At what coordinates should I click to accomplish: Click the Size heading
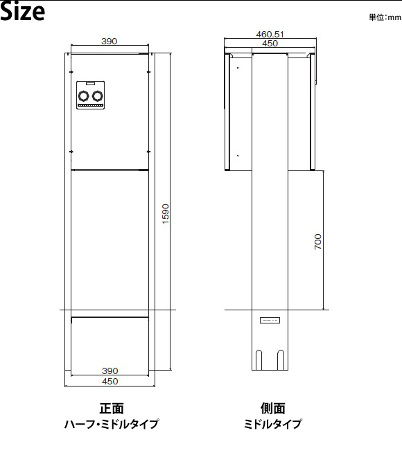coord(23,12)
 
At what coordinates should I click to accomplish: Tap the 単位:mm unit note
coord(385,17)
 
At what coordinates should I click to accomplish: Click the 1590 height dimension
coord(166,214)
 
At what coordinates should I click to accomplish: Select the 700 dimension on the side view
coord(318,242)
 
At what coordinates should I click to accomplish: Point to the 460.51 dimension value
coord(270,34)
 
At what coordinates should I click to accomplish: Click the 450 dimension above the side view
coord(270,44)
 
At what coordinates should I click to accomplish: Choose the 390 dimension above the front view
coord(109,41)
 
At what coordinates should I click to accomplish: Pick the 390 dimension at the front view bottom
coord(110,371)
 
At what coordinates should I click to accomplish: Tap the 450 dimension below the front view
coord(110,381)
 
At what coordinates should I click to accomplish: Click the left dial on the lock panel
coord(83,96)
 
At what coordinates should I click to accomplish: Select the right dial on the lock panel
coord(98,96)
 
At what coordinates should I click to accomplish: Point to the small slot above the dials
coord(91,84)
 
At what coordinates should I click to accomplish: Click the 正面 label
coord(112,409)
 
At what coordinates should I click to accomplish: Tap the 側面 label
coord(272,409)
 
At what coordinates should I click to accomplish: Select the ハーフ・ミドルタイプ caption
coord(112,424)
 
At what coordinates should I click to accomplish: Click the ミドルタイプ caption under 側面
coord(272,424)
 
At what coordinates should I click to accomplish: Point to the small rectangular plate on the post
coord(270,320)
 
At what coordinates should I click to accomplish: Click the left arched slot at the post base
coord(259,360)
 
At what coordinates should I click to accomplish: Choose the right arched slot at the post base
coord(281,360)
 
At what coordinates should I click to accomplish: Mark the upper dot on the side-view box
coord(238,68)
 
